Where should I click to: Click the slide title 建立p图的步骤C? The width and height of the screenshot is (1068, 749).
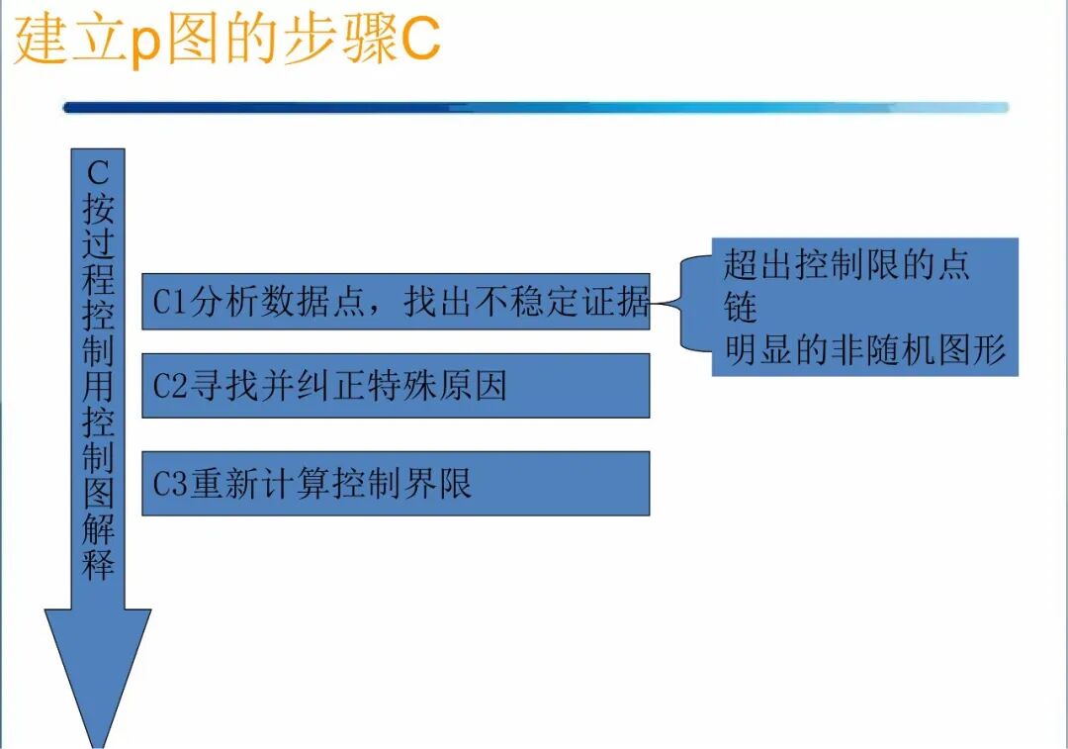coord(226,40)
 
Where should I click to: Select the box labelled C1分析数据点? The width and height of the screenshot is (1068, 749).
coord(396,301)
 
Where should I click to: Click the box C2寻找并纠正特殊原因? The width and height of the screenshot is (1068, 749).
coord(396,385)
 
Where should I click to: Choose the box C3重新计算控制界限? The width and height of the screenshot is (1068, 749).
coord(396,483)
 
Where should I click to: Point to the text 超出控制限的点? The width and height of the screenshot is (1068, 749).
coord(846,264)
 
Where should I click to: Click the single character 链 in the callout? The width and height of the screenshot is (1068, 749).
coord(741,307)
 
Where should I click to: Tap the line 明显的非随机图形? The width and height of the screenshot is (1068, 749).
coord(864,349)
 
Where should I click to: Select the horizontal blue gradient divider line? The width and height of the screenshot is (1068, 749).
coord(535,108)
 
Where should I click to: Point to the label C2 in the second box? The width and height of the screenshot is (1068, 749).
coord(169,386)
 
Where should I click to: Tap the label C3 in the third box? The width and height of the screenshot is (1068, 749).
coord(169,484)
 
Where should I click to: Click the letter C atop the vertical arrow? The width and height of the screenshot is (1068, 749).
coord(98,172)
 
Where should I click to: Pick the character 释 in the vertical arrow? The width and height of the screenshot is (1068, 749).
coord(98,564)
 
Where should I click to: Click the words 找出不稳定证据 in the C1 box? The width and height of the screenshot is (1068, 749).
coord(526,301)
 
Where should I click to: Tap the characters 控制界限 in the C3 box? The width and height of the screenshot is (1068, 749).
coord(401,484)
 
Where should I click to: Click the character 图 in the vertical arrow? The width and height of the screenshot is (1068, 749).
coord(98,492)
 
